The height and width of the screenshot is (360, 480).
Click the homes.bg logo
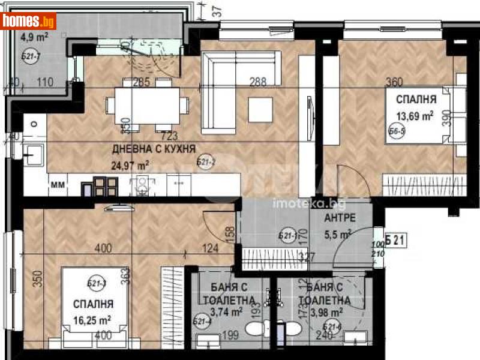(29, 21)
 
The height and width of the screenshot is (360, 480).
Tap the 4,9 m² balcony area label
(35, 37)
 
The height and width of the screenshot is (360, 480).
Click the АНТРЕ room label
(339, 217)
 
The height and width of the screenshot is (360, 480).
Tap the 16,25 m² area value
(92, 320)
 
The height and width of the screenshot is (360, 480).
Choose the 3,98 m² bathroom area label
(326, 311)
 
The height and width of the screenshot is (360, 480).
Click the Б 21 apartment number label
(393, 241)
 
